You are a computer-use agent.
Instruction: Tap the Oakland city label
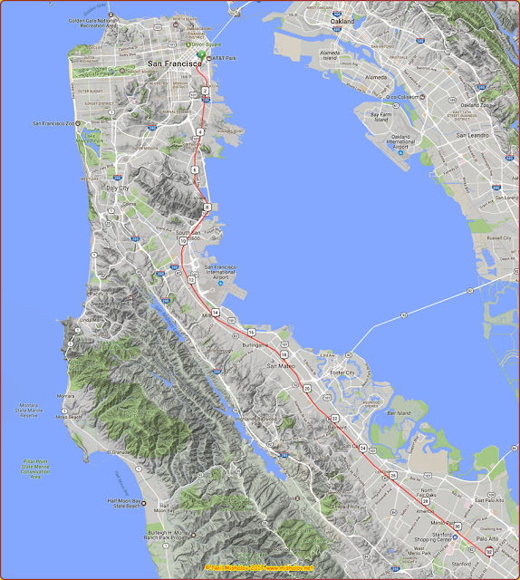[342, 46]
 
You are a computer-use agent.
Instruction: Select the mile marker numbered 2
[206, 92]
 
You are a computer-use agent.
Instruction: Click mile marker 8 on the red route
[207, 208]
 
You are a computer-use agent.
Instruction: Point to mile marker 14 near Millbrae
[216, 313]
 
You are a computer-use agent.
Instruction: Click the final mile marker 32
[488, 551]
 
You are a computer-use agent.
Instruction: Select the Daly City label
[118, 188]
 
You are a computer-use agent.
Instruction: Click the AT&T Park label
[222, 59]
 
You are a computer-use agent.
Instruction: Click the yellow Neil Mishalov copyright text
[259, 568]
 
